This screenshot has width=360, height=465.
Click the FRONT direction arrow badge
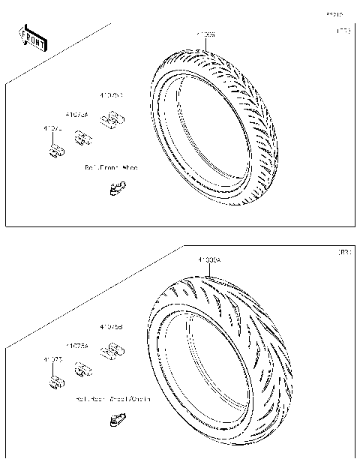pos(32,37)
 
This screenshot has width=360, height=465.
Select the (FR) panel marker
pos(342,31)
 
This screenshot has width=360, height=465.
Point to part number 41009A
pos(209,260)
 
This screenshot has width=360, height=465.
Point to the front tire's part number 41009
pos(205,34)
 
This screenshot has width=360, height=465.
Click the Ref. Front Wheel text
pos(112,168)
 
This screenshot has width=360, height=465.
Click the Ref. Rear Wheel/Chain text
pos(113,399)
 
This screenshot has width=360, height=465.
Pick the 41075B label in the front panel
pos(112,96)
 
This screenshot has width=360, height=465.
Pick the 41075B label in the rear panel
pos(112,327)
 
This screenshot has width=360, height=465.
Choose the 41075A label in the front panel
pos(77,115)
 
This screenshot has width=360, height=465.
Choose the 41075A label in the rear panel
pos(77,346)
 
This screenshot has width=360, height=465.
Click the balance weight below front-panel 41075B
pos(113,118)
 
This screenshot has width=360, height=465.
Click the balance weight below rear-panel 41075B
pos(113,349)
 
